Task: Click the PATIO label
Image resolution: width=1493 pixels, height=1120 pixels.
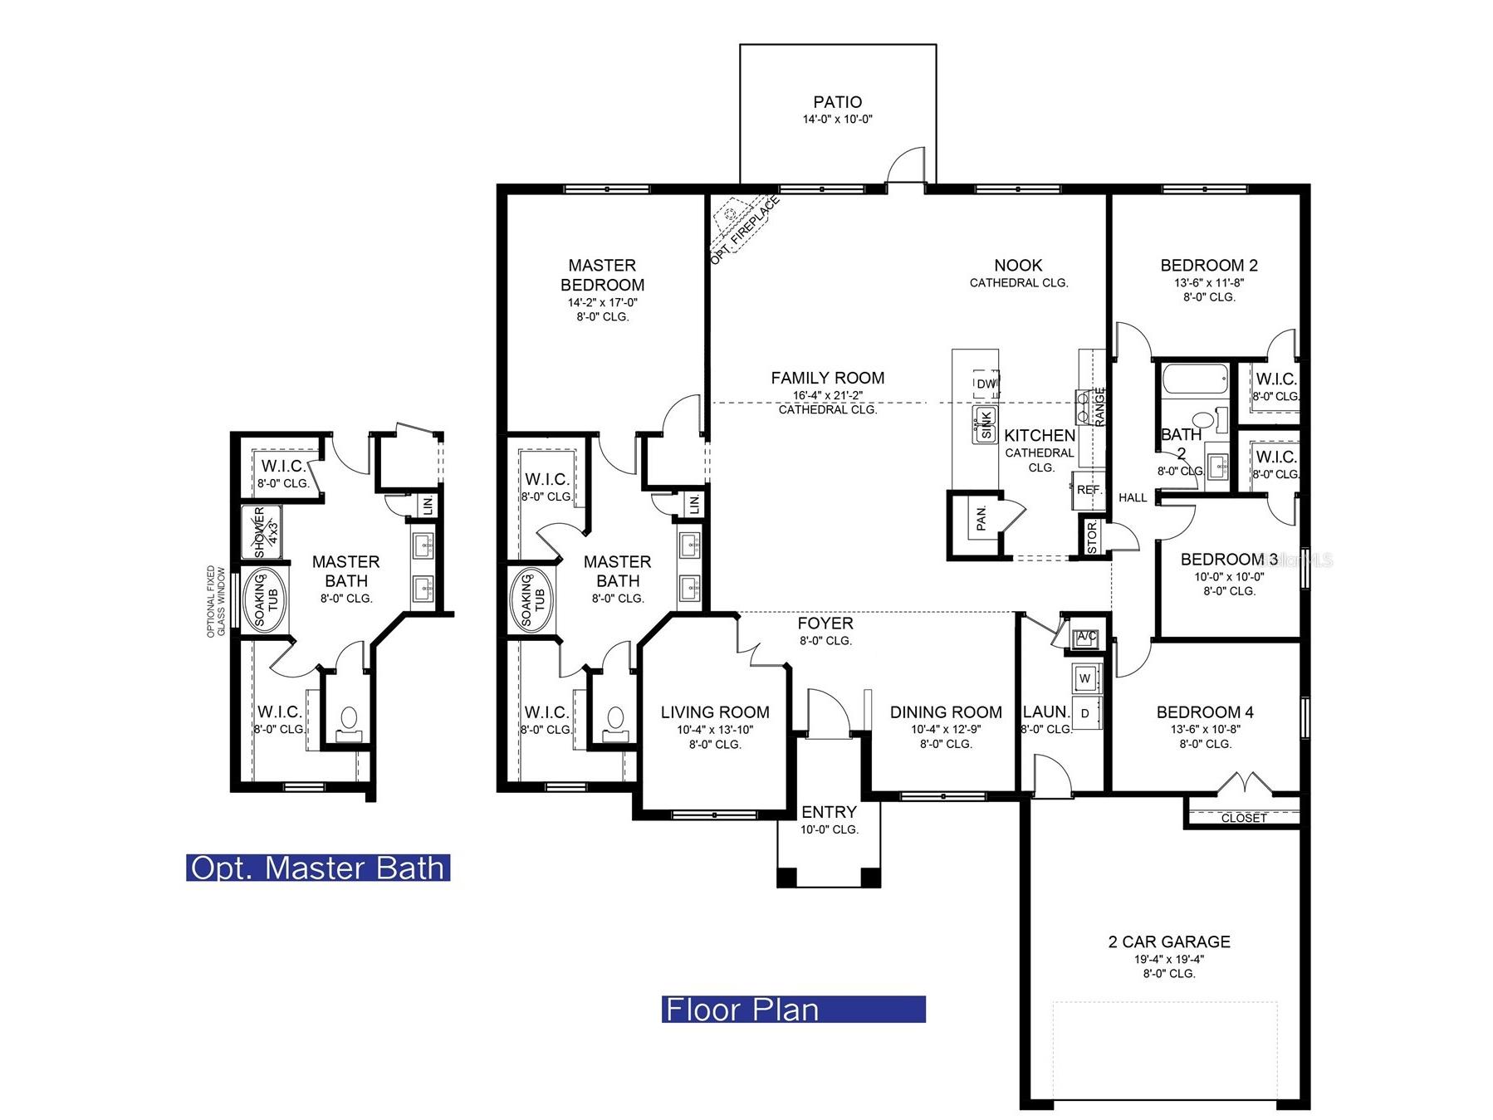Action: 837,102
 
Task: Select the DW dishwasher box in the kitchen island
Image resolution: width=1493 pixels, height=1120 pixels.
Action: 986,384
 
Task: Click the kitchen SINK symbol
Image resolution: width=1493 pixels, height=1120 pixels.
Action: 985,425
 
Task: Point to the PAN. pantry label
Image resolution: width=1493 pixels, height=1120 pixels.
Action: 981,519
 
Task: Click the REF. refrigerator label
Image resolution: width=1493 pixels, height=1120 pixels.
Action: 1089,490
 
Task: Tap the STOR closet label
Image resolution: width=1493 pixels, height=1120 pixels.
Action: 1092,537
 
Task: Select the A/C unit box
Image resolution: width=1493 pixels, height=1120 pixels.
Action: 1087,638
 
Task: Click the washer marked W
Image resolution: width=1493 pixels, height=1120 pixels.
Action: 1085,678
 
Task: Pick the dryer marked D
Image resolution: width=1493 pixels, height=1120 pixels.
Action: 1085,713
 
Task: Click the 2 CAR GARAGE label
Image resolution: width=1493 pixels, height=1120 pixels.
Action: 1169,941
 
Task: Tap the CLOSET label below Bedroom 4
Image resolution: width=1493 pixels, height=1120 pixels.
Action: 1244,818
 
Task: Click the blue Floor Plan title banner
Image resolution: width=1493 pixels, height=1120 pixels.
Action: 793,1009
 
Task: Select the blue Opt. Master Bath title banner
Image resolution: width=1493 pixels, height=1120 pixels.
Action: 318,868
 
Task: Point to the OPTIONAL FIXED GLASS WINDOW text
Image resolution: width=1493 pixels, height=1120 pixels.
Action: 216,602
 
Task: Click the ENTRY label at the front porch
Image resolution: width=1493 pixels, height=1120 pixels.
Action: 829,812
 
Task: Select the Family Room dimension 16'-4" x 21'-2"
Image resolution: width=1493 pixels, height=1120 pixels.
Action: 828,395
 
